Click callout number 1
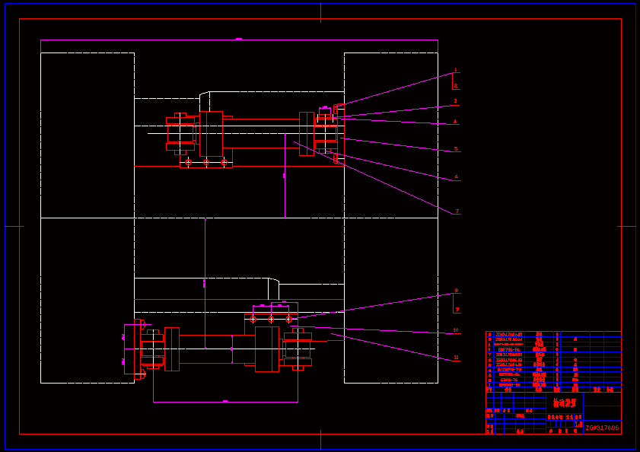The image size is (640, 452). [x=456, y=70]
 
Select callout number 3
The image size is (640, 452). [x=456, y=100]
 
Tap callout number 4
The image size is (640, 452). [x=456, y=122]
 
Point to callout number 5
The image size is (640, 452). [x=456, y=149]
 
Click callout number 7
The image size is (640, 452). [x=457, y=212]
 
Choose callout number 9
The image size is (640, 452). [x=457, y=310]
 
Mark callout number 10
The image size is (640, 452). [x=456, y=330]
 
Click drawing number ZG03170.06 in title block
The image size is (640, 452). [x=602, y=428]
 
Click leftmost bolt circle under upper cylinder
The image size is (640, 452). [x=188, y=162]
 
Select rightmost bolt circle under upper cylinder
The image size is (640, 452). [x=224, y=162]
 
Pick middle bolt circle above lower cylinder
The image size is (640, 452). [x=271, y=319]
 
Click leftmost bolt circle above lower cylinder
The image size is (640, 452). [x=253, y=319]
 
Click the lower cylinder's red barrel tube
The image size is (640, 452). [x=205, y=349]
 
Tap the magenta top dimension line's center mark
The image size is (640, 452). [x=239, y=38]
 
